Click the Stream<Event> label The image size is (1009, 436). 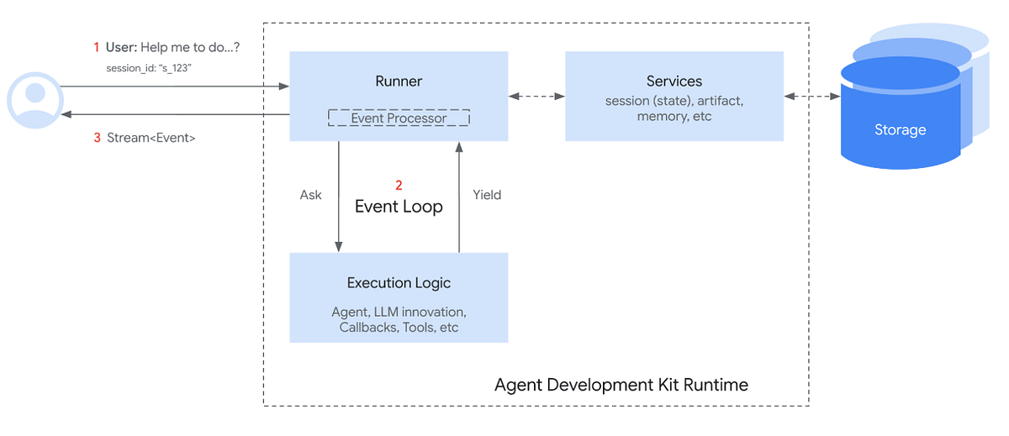151,138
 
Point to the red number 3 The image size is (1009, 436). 97,138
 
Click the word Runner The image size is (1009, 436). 399,81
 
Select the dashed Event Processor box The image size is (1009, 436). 399,118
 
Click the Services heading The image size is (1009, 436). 674,81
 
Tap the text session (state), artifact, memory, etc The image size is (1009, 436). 674,108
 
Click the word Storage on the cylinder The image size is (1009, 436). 899,130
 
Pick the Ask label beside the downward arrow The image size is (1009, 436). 311,195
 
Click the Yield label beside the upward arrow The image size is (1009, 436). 486,195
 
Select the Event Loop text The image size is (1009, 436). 399,207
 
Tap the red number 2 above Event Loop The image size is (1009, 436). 399,185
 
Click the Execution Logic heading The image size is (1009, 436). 399,283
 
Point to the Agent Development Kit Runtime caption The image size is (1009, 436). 621,385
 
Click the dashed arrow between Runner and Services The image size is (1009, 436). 536,97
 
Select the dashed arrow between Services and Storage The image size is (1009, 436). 812,97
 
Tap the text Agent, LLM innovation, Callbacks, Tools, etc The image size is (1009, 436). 399,320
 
